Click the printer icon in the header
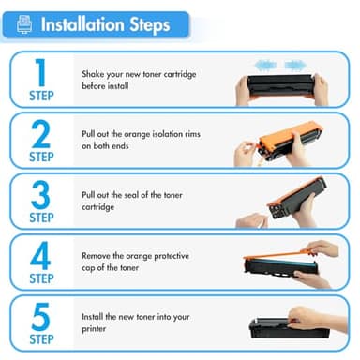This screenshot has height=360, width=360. point(24,24)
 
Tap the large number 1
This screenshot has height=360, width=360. point(40,72)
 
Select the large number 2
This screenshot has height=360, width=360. point(41,134)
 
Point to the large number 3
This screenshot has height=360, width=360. point(40,195)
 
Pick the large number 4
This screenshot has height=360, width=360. point(40,256)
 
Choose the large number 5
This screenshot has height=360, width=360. point(40,317)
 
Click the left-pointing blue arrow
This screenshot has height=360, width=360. point(265,66)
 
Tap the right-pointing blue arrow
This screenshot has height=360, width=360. point(295,66)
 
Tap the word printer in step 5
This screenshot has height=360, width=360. point(94,329)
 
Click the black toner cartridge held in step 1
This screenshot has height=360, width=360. point(280,85)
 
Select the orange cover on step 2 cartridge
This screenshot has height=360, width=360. point(290,135)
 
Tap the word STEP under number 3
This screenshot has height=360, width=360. point(41,217)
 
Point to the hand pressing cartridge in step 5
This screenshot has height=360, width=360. point(316,319)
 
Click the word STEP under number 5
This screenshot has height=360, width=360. point(41,339)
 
